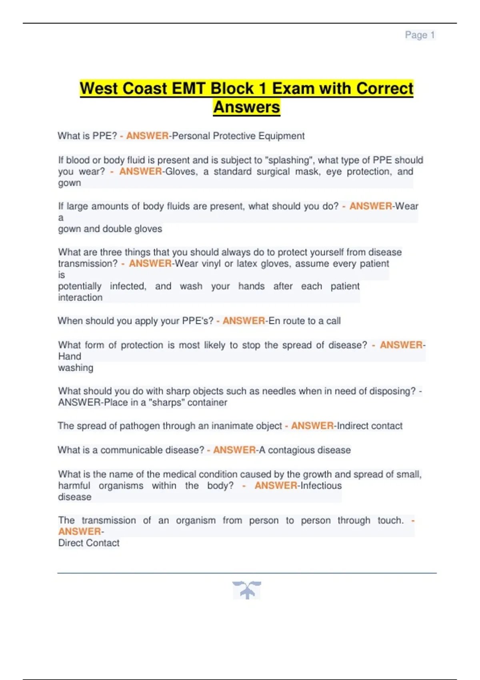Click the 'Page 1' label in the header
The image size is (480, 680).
[x=420, y=35]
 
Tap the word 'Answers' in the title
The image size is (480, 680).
[x=246, y=107]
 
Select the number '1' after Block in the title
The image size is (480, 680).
[x=262, y=88]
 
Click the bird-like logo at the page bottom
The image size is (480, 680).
[x=247, y=590]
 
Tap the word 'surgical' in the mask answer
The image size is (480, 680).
[x=273, y=172]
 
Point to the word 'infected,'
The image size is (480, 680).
[x=128, y=286]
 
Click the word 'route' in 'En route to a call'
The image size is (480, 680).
[x=293, y=321]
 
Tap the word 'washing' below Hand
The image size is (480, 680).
[x=76, y=368]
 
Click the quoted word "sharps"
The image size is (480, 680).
[x=166, y=402]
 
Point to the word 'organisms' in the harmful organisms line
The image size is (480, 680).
[x=121, y=486]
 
